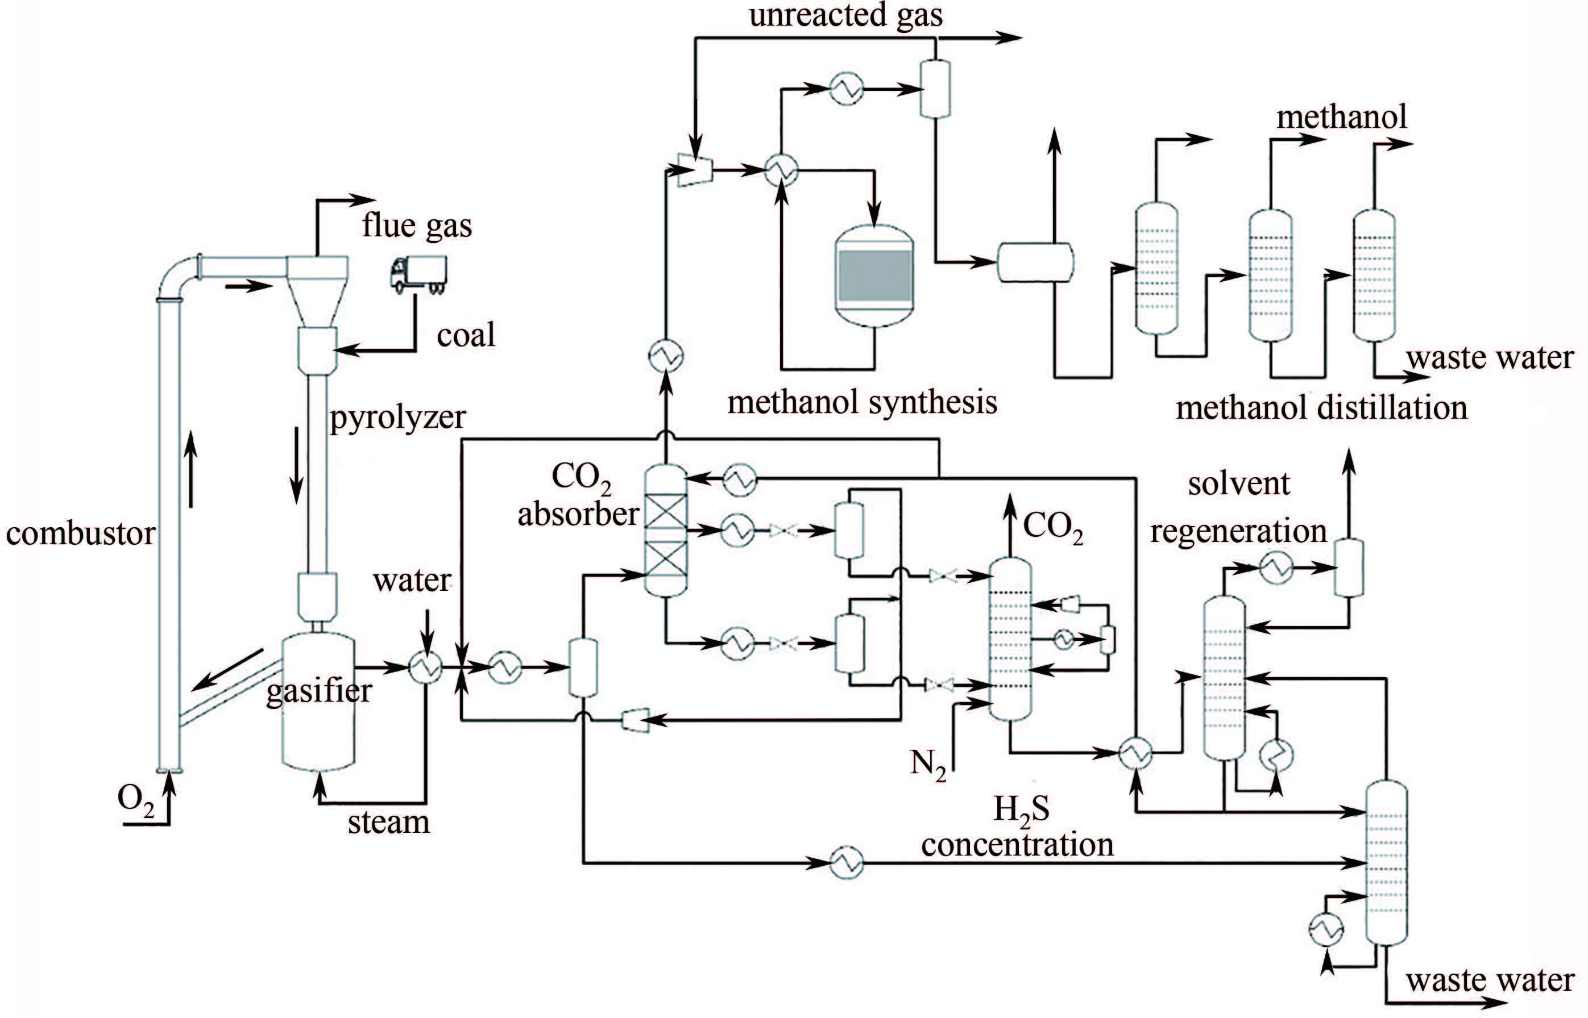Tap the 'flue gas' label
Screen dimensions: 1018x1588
pos(417,226)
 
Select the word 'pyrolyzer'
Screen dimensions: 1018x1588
pos(397,418)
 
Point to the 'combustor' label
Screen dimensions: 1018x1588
pos(80,533)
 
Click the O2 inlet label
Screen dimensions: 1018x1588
pos(135,799)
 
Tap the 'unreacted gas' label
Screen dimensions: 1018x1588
pos(845,15)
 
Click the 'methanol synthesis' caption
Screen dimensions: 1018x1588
pos(862,402)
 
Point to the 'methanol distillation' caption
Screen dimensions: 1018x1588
pos(1321,407)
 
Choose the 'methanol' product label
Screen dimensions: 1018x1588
pos(1341,117)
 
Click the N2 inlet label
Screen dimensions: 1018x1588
pos(927,765)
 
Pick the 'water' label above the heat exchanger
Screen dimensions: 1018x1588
pos(412,581)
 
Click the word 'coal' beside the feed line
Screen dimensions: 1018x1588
pos(466,335)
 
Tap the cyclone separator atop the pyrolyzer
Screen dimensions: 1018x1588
pos(317,291)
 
